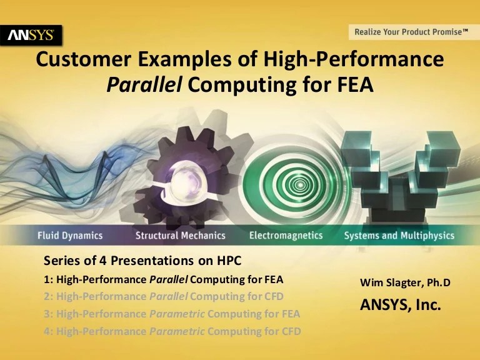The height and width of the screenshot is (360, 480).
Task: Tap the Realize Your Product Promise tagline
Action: pyautogui.click(x=411, y=32)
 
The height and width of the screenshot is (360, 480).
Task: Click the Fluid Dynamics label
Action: pyautogui.click(x=69, y=236)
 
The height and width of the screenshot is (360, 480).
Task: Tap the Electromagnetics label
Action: pyautogui.click(x=286, y=236)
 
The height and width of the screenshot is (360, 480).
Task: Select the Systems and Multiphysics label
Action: pyautogui.click(x=399, y=236)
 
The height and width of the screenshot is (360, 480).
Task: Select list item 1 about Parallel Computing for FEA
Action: pyautogui.click(x=164, y=278)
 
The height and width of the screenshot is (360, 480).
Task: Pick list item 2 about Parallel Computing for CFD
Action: pyautogui.click(x=164, y=296)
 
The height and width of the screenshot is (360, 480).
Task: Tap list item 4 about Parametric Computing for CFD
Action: pyautogui.click(x=172, y=331)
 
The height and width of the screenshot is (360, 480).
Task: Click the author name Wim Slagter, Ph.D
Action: pyautogui.click(x=405, y=283)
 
